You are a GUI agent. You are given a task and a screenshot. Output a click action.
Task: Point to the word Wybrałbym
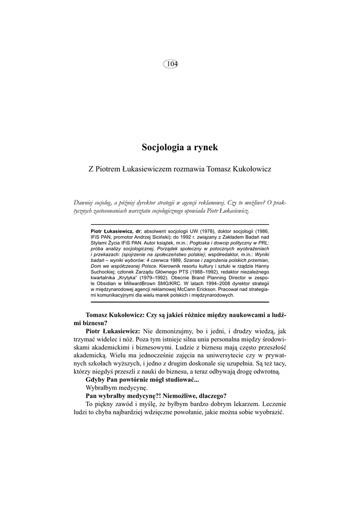point(102,387)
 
